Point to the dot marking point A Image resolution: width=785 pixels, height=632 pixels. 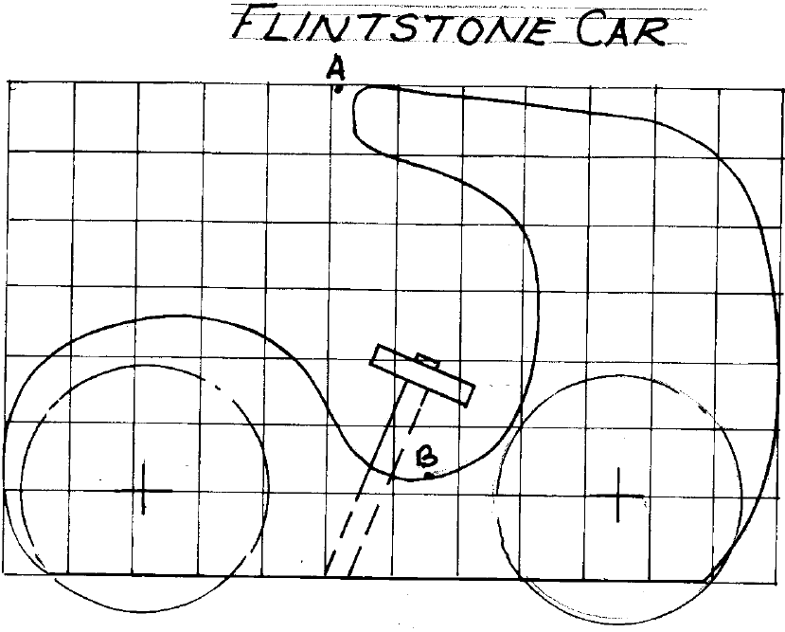tap(337, 90)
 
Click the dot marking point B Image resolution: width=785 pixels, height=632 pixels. tap(429, 476)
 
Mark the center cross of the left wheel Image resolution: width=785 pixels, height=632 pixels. tap(143, 490)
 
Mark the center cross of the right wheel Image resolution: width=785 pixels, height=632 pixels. tap(617, 495)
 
